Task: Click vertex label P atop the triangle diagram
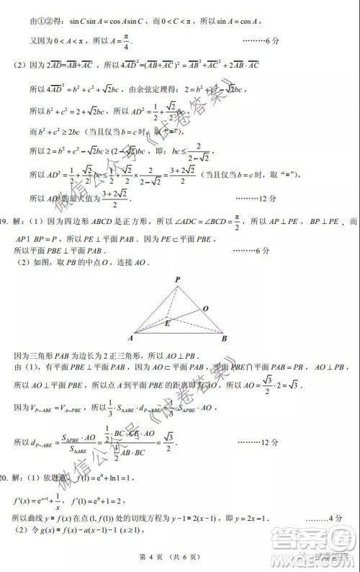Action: tap(177, 278)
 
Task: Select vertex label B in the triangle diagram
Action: tap(224, 338)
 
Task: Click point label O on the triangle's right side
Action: tap(205, 308)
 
